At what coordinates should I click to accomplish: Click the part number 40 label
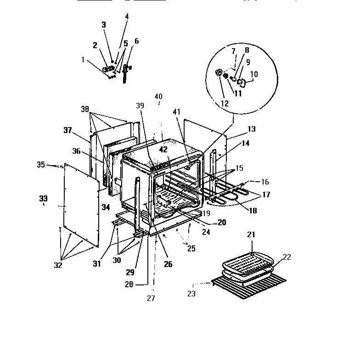(158, 96)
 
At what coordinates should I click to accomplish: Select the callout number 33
(43, 198)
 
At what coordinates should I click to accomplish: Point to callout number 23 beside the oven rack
(191, 293)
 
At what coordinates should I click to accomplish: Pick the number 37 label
(68, 130)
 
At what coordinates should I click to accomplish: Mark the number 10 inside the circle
(254, 74)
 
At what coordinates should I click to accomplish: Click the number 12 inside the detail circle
(225, 103)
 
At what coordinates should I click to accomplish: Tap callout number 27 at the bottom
(151, 298)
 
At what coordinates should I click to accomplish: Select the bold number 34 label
(106, 207)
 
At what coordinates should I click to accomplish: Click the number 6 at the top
(136, 41)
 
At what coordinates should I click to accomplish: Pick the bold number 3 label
(104, 24)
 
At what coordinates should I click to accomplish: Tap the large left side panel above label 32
(80, 202)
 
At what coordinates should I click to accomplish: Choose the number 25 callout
(191, 248)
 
